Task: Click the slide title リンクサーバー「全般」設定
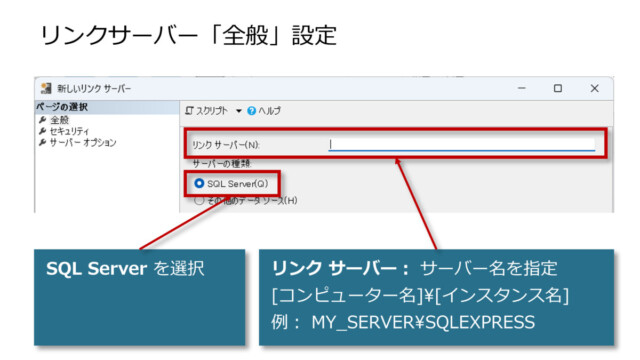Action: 188,36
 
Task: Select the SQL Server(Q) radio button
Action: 200,183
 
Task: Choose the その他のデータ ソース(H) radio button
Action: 200,200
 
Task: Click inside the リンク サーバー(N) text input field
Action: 461,144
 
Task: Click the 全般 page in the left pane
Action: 59,119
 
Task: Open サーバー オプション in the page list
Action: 82,142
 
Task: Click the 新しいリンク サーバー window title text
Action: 99,89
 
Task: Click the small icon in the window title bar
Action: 47,89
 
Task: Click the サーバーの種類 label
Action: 221,162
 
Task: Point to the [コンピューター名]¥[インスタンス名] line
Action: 420,296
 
